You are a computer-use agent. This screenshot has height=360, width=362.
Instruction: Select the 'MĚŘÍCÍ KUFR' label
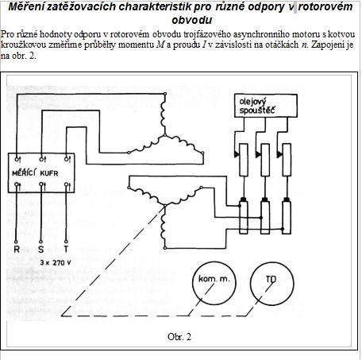click(x=35, y=173)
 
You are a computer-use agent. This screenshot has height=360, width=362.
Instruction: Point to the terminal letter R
click(x=17, y=250)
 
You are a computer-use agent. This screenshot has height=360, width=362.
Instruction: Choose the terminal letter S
click(x=40, y=250)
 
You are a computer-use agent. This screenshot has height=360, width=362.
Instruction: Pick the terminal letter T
click(x=66, y=250)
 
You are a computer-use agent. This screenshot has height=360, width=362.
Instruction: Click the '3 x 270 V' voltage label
click(x=56, y=262)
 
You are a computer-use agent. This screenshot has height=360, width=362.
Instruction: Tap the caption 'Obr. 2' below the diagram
click(x=179, y=337)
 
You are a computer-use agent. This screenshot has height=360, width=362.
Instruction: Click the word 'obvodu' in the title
click(x=192, y=20)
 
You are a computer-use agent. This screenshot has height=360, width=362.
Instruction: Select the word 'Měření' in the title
click(x=26, y=6)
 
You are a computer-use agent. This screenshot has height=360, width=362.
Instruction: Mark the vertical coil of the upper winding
click(x=163, y=114)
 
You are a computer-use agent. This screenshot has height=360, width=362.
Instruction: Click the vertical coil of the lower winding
click(x=164, y=227)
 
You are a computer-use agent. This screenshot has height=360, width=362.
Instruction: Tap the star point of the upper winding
click(x=164, y=135)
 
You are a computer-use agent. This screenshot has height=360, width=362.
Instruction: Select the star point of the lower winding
click(x=164, y=205)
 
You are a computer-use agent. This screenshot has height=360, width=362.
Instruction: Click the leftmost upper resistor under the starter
click(x=244, y=160)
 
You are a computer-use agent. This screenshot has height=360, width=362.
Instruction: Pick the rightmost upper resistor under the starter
click(x=287, y=160)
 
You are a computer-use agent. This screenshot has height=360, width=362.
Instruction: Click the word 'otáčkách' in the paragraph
click(x=282, y=45)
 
